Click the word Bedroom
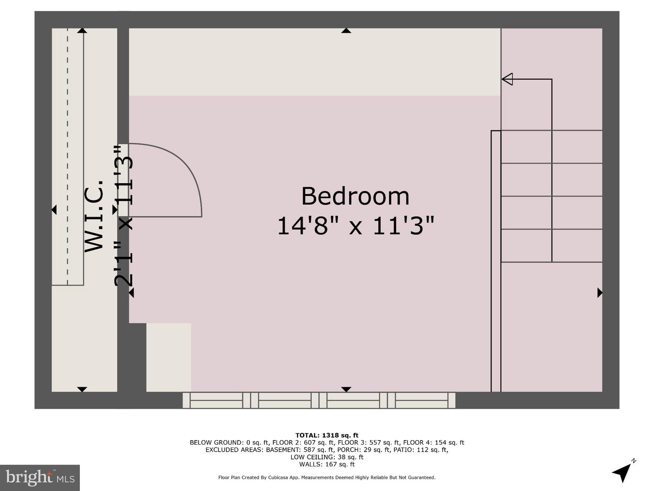pyautogui.click(x=355, y=196)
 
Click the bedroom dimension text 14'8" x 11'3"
pyautogui.click(x=355, y=225)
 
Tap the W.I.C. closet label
pyautogui.click(x=94, y=215)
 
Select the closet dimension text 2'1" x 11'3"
pyautogui.click(x=123, y=215)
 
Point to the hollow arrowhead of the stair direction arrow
pyautogui.click(x=507, y=79)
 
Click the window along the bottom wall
pyautogui.click(x=319, y=401)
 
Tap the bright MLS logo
pyautogui.click(x=40, y=477)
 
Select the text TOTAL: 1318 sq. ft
pyautogui.click(x=327, y=435)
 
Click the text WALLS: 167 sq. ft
pyautogui.click(x=327, y=464)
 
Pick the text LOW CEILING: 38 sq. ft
pyautogui.click(x=327, y=457)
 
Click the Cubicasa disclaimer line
pyautogui.click(x=327, y=477)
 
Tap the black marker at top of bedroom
pyautogui.click(x=346, y=30)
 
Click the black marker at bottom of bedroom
pyautogui.click(x=346, y=389)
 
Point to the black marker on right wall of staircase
pyautogui.click(x=599, y=293)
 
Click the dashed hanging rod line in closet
pyautogui.click(x=68, y=155)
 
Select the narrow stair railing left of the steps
pyautogui.click(x=496, y=261)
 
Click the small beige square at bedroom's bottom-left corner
pyautogui.click(x=168, y=357)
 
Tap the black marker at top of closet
pyautogui.click(x=82, y=30)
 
